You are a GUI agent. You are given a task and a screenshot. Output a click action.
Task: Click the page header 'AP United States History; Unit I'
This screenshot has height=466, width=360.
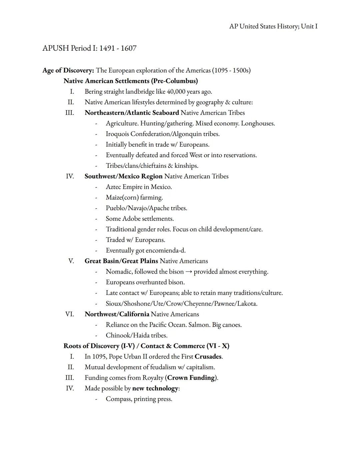pos(273,26)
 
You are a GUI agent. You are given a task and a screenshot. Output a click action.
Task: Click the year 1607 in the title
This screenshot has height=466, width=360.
pos(129,48)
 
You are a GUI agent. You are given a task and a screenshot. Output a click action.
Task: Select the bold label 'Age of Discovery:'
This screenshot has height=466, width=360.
pos(68,70)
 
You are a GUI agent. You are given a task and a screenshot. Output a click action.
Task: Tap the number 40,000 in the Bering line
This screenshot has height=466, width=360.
pos(176,92)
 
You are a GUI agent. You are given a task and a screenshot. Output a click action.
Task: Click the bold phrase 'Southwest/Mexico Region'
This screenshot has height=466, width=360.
pos(123,176)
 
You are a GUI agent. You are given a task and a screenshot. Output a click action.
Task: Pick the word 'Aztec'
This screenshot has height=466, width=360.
pos(114,187)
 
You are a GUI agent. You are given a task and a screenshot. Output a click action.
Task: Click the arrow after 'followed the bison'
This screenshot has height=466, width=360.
pos(189,272)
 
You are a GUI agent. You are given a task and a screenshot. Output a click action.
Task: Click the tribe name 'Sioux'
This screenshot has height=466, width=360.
pos(114,304)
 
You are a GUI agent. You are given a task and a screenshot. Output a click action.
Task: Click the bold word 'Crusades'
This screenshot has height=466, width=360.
pos(208,357)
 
